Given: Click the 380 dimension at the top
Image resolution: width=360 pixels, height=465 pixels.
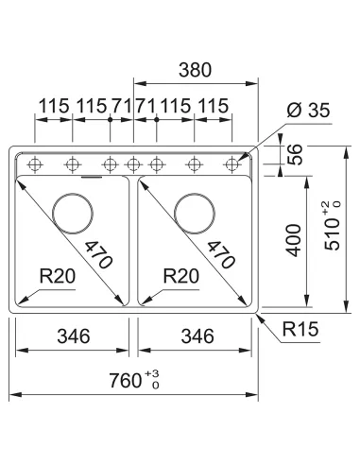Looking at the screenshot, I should tap(193, 70).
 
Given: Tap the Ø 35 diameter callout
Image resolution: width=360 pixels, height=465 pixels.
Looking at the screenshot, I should tap(306, 110).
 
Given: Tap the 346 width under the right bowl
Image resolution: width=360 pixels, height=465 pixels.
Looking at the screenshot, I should tap(197, 336).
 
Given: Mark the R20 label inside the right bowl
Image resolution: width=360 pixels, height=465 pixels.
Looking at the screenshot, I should tap(180, 277).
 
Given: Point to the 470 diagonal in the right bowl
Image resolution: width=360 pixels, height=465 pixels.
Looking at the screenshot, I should tap(220, 253).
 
